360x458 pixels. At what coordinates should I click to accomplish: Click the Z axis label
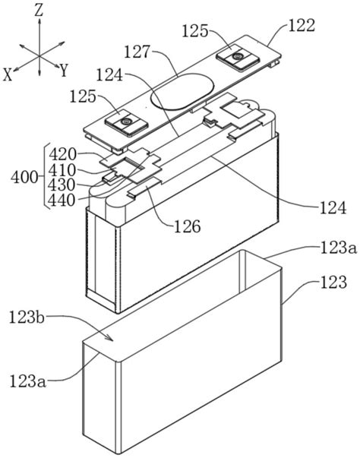tap(39, 10)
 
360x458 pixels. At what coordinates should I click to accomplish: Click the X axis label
tap(8, 74)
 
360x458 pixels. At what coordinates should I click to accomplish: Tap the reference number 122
tap(302, 25)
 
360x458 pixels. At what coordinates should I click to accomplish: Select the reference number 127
tap(137, 52)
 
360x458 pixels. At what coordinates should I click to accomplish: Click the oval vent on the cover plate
tap(182, 91)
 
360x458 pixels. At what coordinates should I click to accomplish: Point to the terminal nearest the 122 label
tap(238, 57)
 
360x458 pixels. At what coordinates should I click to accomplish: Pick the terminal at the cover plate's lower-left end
tap(127, 123)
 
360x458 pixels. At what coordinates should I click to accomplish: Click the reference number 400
tap(24, 178)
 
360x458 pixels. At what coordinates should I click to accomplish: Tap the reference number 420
tap(62, 155)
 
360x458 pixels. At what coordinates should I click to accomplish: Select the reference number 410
tap(62, 170)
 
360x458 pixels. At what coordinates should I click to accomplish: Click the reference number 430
tap(62, 185)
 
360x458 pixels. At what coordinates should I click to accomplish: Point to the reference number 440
tap(62, 201)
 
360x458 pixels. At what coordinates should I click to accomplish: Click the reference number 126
tap(187, 226)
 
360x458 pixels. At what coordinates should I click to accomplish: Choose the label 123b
tap(27, 317)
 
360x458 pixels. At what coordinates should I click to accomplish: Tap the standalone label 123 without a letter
tap(333, 282)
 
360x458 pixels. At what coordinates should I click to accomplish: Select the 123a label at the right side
tap(339, 248)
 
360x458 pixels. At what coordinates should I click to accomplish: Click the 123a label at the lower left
tap(28, 381)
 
